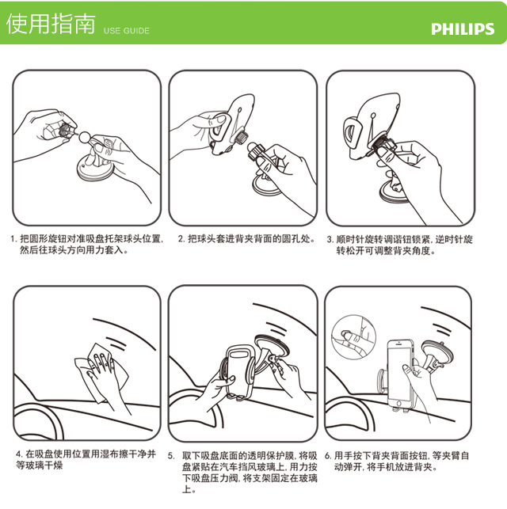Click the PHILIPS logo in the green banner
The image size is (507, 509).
click(x=463, y=29)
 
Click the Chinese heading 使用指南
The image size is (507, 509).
click(x=51, y=24)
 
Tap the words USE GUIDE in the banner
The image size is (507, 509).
click(x=127, y=31)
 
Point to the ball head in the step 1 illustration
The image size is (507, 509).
click(x=85, y=136)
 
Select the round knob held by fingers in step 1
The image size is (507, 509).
click(x=65, y=131)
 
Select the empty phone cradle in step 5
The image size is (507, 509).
click(x=238, y=370)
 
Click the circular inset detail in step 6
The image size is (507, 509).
click(x=353, y=336)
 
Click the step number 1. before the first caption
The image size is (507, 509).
click(x=13, y=240)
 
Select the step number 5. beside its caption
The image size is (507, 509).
click(x=171, y=456)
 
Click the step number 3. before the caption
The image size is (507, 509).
click(x=330, y=240)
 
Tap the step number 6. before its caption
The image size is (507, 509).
click(x=328, y=456)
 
